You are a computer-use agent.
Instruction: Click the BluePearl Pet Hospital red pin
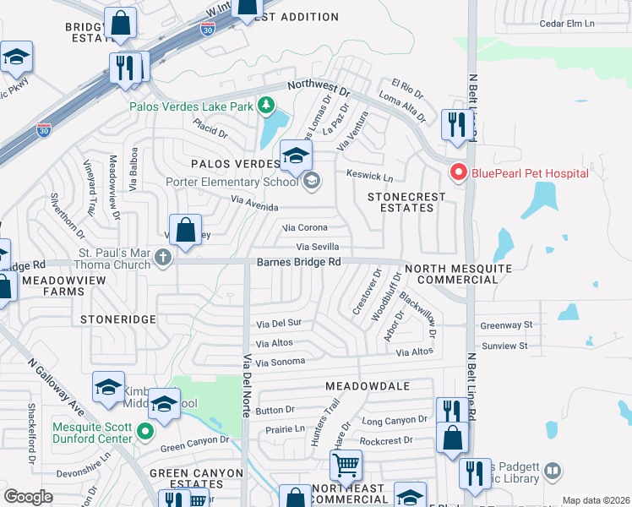click(459, 172)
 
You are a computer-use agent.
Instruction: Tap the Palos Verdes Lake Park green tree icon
click(267, 106)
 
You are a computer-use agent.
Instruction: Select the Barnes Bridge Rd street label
click(298, 262)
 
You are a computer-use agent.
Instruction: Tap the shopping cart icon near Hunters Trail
click(346, 464)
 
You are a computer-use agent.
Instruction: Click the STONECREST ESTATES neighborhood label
click(406, 202)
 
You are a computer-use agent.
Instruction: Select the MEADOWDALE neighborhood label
click(368, 385)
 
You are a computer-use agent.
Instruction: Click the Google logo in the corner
click(28, 497)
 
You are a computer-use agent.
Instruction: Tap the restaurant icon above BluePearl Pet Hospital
click(455, 125)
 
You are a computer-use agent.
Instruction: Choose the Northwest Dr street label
click(319, 87)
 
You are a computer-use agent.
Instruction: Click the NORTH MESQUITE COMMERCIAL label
click(458, 274)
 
